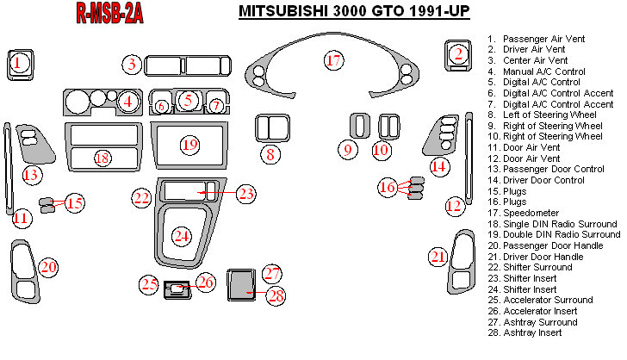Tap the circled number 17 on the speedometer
click(x=333, y=59)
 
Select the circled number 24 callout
click(x=181, y=234)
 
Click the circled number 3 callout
click(x=131, y=64)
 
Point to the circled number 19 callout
click(x=189, y=144)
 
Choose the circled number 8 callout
click(x=270, y=155)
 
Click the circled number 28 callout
click(x=276, y=295)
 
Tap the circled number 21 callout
click(x=438, y=256)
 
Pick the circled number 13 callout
click(x=31, y=176)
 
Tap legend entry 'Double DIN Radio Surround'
click(x=560, y=234)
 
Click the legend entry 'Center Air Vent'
click(x=535, y=60)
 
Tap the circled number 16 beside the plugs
click(x=388, y=187)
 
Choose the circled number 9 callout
click(x=348, y=150)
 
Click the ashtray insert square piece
click(x=240, y=283)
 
